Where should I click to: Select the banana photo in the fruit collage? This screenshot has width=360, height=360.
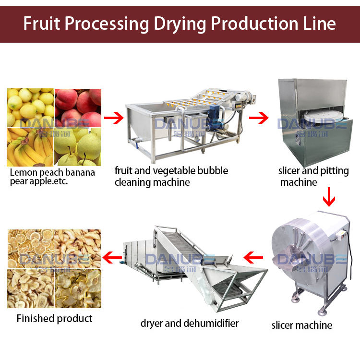[30, 147]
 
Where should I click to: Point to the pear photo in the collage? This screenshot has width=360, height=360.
[78, 147]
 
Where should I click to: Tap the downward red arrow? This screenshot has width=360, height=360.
[329, 197]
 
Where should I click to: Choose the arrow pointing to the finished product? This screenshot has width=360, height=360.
[114, 258]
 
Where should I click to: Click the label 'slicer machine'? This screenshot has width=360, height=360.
[301, 325]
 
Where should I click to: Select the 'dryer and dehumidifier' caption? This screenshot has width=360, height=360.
[190, 323]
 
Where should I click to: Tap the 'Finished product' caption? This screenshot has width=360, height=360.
[54, 318]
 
